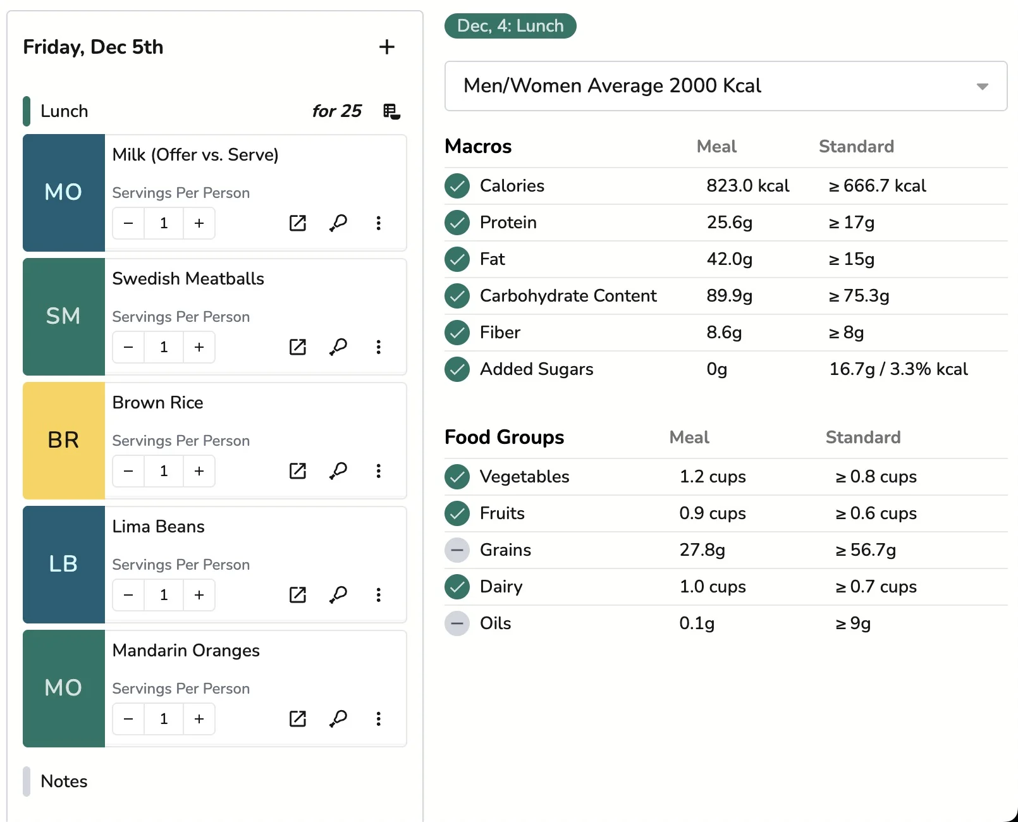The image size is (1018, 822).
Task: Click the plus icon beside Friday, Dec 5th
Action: tap(386, 47)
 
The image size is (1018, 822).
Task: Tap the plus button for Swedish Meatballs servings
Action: tap(199, 347)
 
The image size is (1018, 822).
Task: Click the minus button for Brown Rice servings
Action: tap(128, 471)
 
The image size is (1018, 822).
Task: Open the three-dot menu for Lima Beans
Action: tap(378, 595)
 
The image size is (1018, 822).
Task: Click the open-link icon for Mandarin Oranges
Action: tap(297, 719)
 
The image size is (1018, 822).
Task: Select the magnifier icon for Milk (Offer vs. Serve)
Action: tap(338, 223)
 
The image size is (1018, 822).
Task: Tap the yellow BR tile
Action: tap(63, 440)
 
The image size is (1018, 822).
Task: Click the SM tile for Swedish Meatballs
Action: tap(63, 316)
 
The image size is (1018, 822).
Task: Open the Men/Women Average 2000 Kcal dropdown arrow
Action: tap(982, 87)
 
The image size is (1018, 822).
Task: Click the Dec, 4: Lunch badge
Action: tap(510, 26)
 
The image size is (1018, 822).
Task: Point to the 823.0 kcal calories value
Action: tap(747, 186)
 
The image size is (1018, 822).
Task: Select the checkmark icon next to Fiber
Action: tap(457, 333)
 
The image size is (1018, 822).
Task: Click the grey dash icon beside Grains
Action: tap(457, 550)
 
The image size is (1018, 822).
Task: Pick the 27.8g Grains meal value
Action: tap(702, 550)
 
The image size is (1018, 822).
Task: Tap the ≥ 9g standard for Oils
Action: tap(853, 623)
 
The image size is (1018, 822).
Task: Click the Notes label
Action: tap(64, 782)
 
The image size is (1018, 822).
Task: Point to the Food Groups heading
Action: tap(504, 438)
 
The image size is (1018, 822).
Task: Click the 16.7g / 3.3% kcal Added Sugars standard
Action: tap(898, 369)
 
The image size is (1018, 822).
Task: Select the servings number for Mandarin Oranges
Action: tap(164, 719)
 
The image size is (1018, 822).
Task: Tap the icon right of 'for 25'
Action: tap(391, 111)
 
